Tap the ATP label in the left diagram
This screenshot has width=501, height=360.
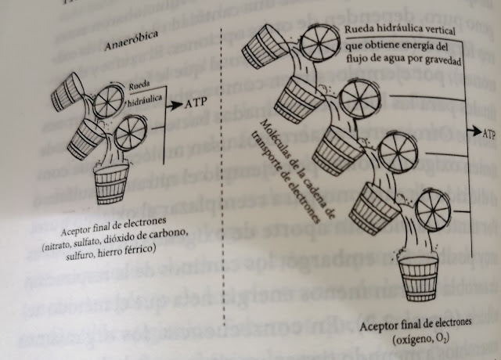[x=200, y=103]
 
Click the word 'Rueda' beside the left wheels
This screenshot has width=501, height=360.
[x=142, y=88]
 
